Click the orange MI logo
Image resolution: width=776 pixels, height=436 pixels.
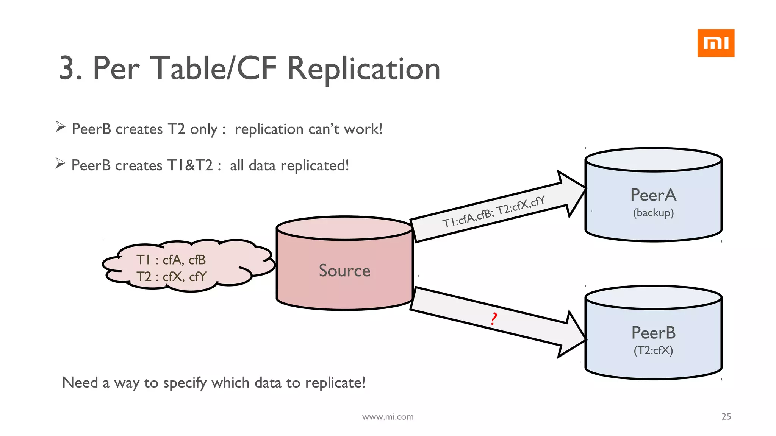(715, 43)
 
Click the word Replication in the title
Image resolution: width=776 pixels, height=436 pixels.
(364, 69)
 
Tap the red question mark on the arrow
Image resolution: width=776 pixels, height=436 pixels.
(493, 319)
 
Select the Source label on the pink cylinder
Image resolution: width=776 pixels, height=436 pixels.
(344, 271)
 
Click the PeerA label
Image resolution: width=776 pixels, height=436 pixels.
(653, 195)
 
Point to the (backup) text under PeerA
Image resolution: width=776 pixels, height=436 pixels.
(653, 213)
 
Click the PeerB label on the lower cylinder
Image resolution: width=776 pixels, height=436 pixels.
(653, 333)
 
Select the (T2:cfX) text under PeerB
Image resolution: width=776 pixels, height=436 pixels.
(653, 350)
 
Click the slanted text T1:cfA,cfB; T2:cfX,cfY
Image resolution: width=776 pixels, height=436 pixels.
(493, 212)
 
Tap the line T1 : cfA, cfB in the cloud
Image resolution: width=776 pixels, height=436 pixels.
(171, 260)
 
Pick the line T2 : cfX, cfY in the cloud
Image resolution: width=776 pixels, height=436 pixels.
(171, 277)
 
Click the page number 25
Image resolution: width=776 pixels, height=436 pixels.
(726, 416)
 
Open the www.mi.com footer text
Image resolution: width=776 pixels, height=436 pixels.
(388, 417)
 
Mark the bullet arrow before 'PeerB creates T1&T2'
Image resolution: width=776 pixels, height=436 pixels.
(61, 163)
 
